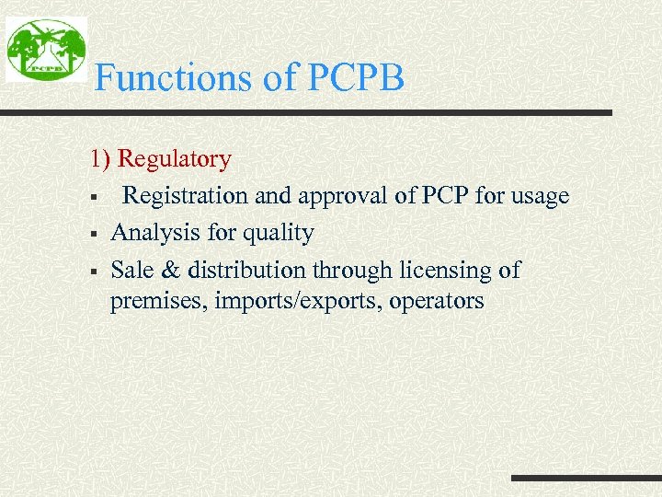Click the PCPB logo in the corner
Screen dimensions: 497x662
click(x=46, y=50)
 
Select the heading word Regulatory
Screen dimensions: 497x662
click(x=175, y=159)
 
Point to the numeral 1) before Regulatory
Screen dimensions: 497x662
click(x=100, y=159)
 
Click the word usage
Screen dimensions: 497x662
click(x=539, y=196)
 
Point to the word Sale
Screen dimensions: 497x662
click(x=130, y=271)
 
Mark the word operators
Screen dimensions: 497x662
click(x=431, y=301)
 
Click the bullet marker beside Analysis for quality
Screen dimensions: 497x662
click(x=95, y=234)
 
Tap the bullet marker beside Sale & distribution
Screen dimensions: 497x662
click(x=95, y=272)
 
